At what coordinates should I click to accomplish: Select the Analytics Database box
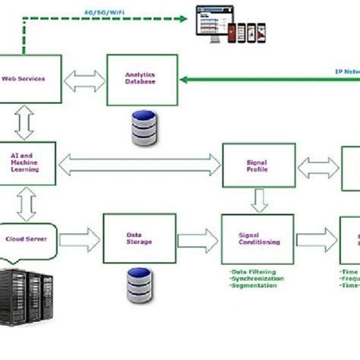pos(141,79)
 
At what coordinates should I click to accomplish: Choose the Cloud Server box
pos(25,238)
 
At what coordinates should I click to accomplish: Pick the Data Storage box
pos(139,238)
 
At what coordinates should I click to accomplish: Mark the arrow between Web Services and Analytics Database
pos(84,80)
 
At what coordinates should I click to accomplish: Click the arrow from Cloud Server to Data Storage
pos(79,240)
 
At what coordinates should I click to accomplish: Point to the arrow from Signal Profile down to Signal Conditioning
pos(259,200)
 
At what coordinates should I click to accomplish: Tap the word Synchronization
pos(256,278)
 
